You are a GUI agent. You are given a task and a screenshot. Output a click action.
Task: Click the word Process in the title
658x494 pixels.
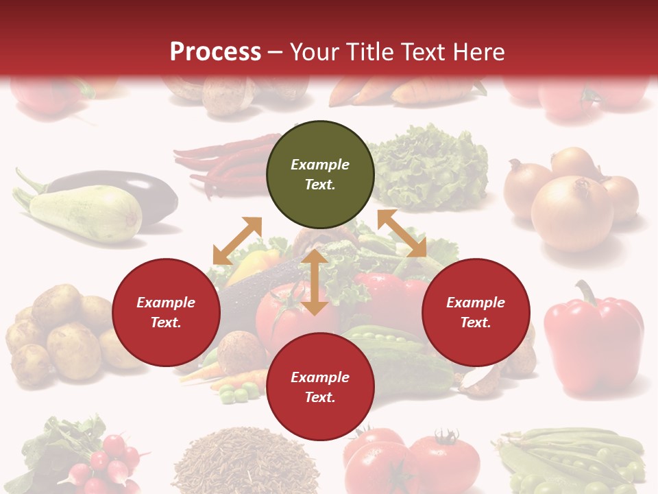tap(215, 51)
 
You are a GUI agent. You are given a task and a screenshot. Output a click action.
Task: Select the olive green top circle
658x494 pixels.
tap(320, 174)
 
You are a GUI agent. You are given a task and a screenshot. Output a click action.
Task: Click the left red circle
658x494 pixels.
tap(166, 312)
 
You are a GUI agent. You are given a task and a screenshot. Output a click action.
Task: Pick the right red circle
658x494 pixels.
tap(476, 312)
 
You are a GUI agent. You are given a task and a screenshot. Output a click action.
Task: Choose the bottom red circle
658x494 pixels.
tap(320, 387)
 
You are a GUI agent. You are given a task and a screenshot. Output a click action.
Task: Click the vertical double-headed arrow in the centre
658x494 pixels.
tap(315, 282)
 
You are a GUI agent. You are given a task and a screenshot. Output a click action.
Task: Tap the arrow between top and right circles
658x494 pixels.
tap(402, 233)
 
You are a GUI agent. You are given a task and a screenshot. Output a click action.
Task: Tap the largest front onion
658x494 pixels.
tap(572, 213)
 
